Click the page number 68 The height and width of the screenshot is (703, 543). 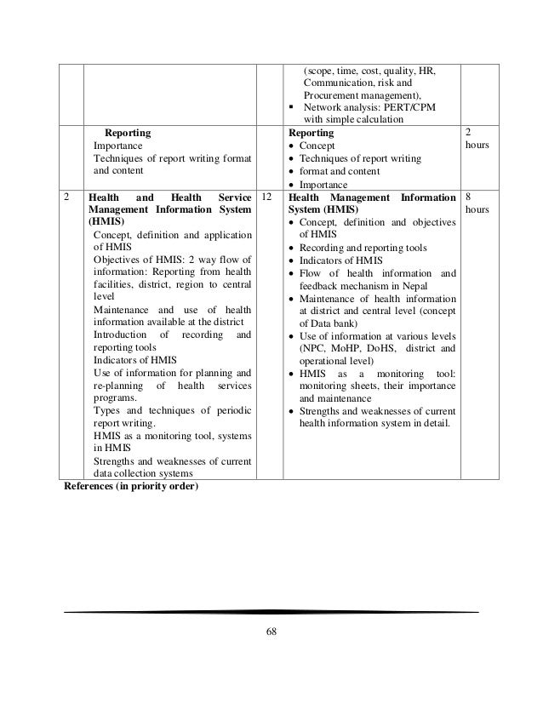pos(271,631)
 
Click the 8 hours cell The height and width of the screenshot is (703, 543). pos(473,204)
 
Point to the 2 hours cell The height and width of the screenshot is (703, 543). pos(473,140)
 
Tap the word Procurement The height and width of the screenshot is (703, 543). pos(333,96)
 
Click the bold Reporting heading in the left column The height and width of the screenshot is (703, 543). pos(128,134)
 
